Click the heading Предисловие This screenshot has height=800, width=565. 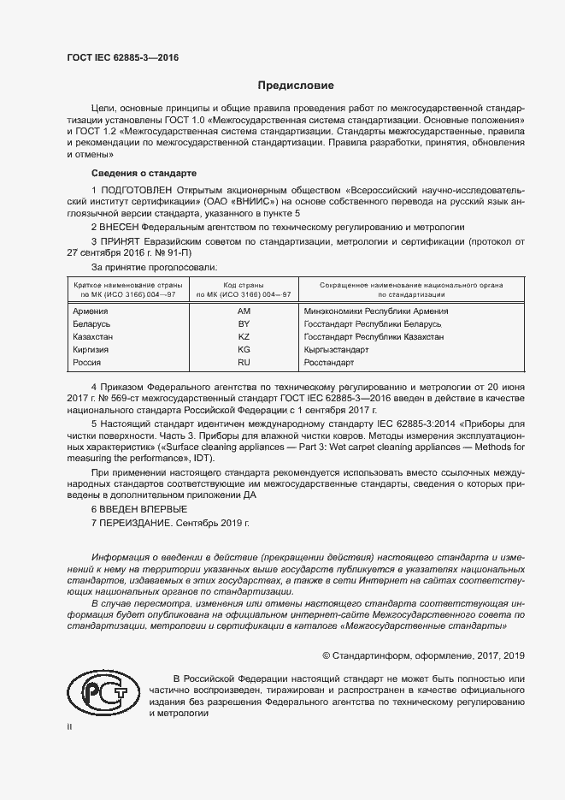point(296,86)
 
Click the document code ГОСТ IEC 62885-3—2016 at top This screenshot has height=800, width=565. point(123,59)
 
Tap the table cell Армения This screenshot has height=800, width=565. point(91,311)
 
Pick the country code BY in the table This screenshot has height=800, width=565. point(244,324)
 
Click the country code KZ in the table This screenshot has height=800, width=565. point(244,337)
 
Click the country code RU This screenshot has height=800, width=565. point(244,363)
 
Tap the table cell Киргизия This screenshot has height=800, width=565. point(92,350)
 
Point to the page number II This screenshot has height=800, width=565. point(70,726)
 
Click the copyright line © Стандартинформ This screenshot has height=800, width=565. point(422,655)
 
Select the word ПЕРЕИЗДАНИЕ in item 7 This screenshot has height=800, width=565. point(143,523)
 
